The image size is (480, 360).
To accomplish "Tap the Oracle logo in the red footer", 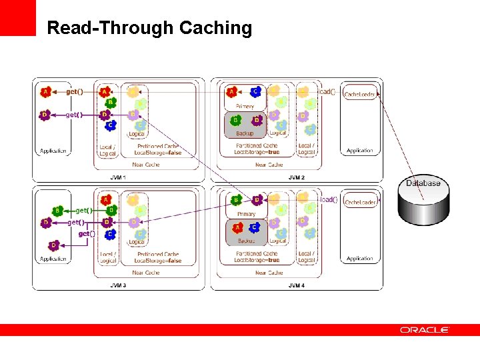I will [425, 330].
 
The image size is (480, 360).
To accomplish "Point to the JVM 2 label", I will [296, 177].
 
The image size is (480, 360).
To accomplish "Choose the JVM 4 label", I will [296, 285].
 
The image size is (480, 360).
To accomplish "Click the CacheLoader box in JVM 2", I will [360, 95].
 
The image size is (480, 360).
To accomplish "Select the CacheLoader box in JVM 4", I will [360, 202].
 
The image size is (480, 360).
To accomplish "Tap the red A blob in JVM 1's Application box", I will [45, 92].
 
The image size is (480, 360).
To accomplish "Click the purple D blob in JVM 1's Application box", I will [45, 115].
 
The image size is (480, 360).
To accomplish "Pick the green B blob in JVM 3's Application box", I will [57, 211].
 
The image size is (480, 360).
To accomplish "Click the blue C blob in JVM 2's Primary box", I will [255, 92].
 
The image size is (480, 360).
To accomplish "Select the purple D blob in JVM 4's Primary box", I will [257, 199].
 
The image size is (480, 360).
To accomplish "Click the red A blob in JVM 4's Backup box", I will [237, 228].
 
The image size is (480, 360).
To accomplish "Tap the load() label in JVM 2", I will [327, 92].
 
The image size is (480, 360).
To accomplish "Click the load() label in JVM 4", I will [327, 199].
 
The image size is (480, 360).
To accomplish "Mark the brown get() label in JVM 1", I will [74, 92].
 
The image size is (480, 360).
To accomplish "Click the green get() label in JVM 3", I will [84, 210].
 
